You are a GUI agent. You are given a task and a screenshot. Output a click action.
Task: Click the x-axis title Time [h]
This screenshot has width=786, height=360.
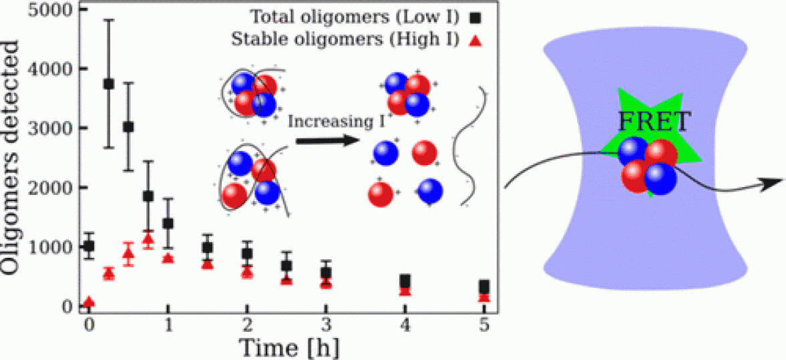[285, 347]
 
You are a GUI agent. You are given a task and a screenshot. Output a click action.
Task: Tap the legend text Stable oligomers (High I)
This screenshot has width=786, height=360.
[345, 39]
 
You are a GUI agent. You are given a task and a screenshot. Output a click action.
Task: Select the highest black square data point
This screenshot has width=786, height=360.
[108, 83]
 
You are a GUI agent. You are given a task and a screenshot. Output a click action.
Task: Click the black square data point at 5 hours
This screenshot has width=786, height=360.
[484, 287]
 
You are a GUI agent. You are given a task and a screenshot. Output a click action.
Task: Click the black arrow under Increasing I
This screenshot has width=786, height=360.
[323, 140]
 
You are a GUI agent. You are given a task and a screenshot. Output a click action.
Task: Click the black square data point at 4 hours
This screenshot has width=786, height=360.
[405, 281]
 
